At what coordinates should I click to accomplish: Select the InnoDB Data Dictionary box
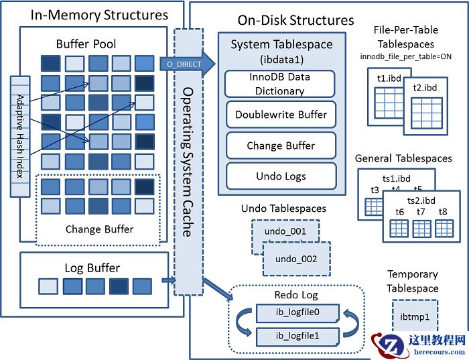(280, 84)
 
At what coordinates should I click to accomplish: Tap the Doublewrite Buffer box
(280, 115)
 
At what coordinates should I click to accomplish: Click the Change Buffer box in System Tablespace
(280, 145)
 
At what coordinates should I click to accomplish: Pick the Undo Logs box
(280, 176)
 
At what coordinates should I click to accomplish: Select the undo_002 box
(295, 259)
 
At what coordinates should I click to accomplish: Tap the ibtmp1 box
(411, 315)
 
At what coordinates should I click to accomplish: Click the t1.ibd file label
(389, 78)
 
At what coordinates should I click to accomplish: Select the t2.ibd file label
(425, 88)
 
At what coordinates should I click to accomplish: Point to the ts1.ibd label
(395, 179)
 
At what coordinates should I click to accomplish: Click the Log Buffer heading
(92, 268)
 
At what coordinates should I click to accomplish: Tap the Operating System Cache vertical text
(188, 161)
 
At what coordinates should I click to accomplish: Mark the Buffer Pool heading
(86, 44)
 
